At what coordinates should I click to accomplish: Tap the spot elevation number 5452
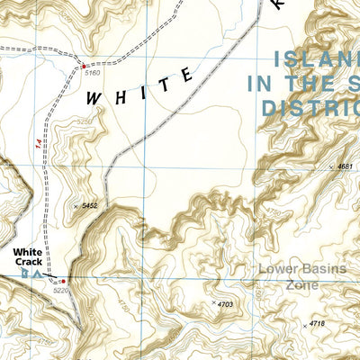(89, 206)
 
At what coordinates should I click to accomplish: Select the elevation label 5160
(92, 72)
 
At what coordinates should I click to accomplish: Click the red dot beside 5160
(84, 65)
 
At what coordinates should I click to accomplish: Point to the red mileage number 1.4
(38, 143)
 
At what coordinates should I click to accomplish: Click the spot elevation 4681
(343, 167)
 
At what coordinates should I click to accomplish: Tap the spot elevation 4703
(225, 304)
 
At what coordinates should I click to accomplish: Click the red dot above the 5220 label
(62, 281)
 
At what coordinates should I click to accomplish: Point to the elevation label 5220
(61, 290)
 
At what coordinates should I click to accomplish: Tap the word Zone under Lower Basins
(302, 284)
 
